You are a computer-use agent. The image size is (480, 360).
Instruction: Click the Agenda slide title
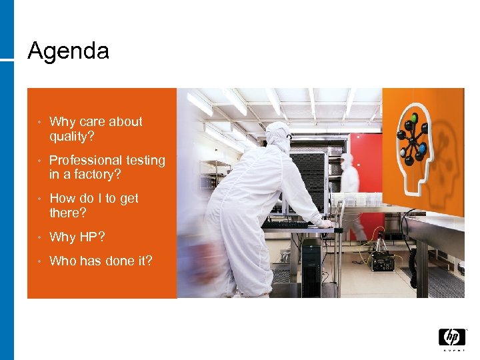point(68,51)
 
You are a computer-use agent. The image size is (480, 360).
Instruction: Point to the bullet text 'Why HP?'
point(77,237)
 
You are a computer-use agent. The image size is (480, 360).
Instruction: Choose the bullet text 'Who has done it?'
point(101,261)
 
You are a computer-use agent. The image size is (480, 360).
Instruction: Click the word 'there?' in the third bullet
point(68,213)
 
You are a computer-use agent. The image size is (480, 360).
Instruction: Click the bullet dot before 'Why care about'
point(40,122)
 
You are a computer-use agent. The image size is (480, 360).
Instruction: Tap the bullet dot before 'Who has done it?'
point(40,261)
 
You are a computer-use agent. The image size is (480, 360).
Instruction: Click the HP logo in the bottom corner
point(451,338)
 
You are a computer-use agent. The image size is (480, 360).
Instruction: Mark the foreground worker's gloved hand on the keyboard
point(325,224)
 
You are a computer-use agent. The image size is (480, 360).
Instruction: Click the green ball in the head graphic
point(413,118)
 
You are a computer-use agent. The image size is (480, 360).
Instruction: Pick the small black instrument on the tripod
point(382,260)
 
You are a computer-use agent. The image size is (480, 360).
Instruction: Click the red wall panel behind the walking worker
point(368,167)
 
